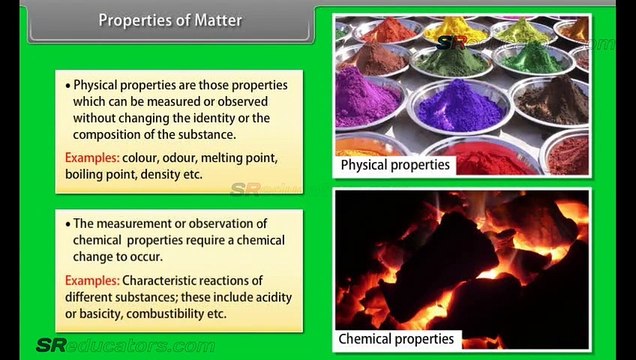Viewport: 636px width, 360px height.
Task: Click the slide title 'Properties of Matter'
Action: (170, 21)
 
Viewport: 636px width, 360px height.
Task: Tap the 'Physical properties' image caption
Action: (395, 164)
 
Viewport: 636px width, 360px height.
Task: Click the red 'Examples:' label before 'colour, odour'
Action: (92, 158)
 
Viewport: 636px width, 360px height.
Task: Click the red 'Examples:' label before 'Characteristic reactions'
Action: (92, 281)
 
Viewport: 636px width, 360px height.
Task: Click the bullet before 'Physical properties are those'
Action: (68, 87)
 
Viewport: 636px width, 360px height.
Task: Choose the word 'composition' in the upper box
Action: (109, 135)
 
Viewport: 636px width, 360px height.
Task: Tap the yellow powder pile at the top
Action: (454, 27)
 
